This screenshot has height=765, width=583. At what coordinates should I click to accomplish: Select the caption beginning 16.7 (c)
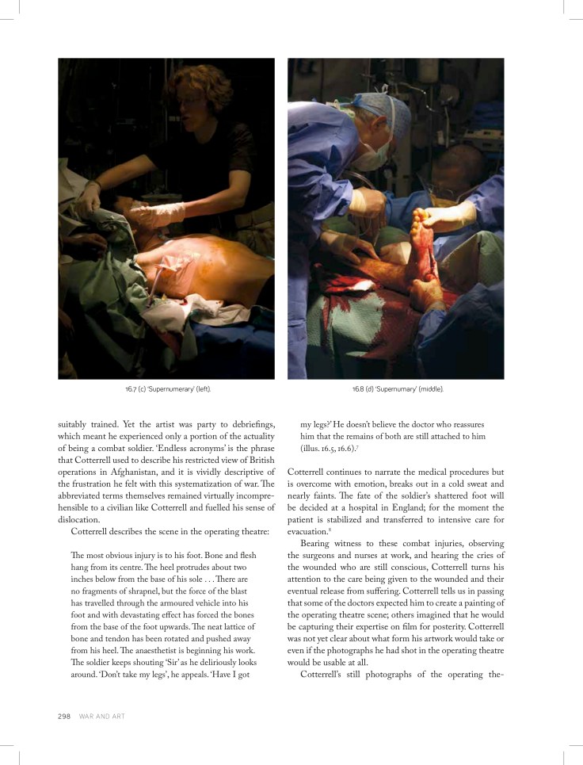tap(166, 389)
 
